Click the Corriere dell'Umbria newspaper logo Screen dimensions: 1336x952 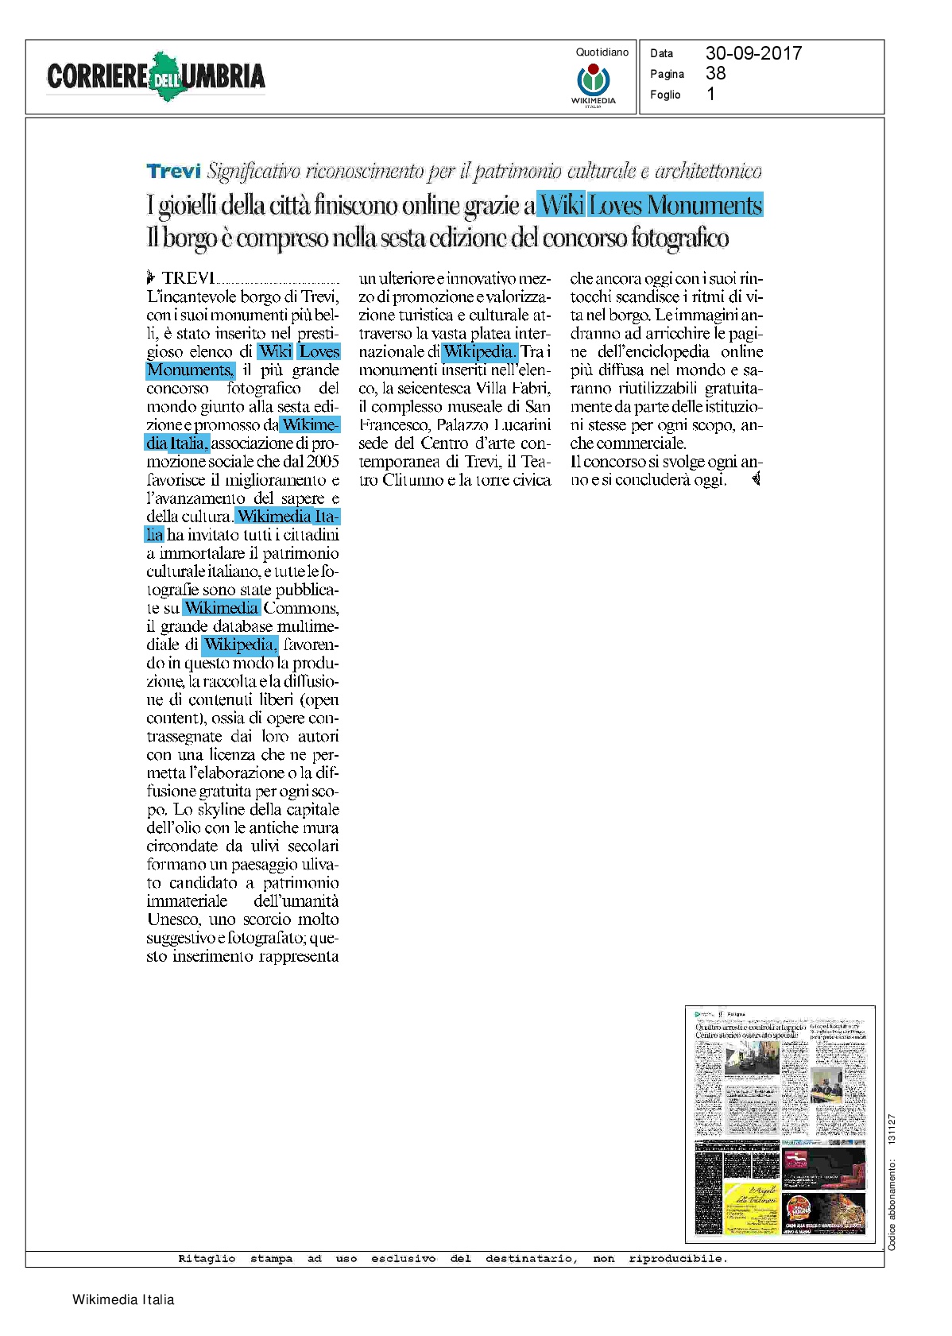pos(156,76)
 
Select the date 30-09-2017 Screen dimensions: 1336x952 pos(753,53)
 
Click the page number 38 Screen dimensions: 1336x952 pos(715,73)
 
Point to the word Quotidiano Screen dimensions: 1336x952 pos(602,52)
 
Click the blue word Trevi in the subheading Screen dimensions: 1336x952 pos(173,171)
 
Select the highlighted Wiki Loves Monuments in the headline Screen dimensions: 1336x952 pos(650,205)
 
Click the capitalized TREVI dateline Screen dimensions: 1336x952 pos(188,278)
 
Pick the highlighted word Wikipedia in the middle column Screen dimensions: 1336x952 pos(479,351)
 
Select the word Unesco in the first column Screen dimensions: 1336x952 pos(173,920)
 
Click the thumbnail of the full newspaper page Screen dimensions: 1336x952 pos(780,1124)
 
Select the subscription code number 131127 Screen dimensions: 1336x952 pos(892,1129)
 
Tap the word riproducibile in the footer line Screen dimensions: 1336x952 pos(677,1259)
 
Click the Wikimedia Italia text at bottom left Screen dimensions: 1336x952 pos(123,1299)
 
